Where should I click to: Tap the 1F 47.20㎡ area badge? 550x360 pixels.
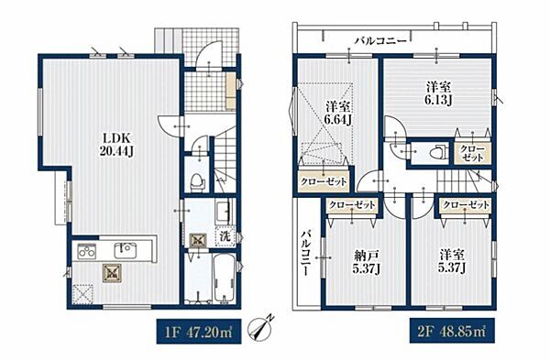coord(199,332)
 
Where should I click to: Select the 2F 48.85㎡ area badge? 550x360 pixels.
coord(453,331)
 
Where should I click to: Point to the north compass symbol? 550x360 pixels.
coord(259,328)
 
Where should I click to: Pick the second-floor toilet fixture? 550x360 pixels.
coord(436,152)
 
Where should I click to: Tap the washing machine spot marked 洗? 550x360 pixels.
coord(225,236)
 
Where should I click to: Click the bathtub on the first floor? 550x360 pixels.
coord(224,279)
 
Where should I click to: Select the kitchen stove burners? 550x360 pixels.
coord(86,251)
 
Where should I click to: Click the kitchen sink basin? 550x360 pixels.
coord(124,250)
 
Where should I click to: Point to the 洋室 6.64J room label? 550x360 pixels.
coord(338,113)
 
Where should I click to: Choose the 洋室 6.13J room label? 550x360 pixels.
coord(438,93)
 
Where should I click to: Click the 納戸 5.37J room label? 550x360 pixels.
coord(367,262)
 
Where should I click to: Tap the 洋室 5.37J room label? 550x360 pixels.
coord(453,262)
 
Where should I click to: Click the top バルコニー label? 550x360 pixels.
coord(380,41)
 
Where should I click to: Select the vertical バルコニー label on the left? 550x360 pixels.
coord(306,252)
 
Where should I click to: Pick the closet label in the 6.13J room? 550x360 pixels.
coord(472,154)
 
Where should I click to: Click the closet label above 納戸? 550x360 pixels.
coord(352,204)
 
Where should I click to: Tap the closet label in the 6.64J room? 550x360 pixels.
coord(324,181)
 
